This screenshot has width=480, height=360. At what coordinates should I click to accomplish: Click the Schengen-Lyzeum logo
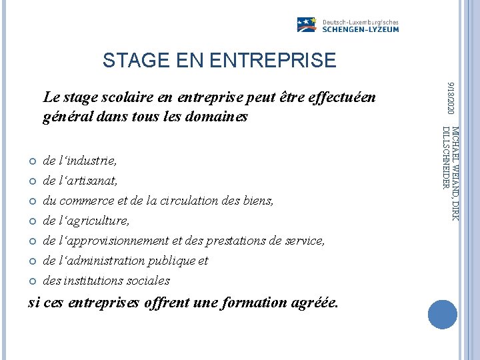pyautogui.click(x=347, y=25)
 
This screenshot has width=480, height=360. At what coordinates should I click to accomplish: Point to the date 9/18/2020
pyautogui.click(x=451, y=97)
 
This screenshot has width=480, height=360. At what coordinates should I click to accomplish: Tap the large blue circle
pyautogui.click(x=442, y=315)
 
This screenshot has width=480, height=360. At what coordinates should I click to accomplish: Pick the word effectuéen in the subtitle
pyautogui.click(x=343, y=98)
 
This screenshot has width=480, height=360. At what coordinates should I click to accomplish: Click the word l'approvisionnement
pyautogui.click(x=113, y=241)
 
